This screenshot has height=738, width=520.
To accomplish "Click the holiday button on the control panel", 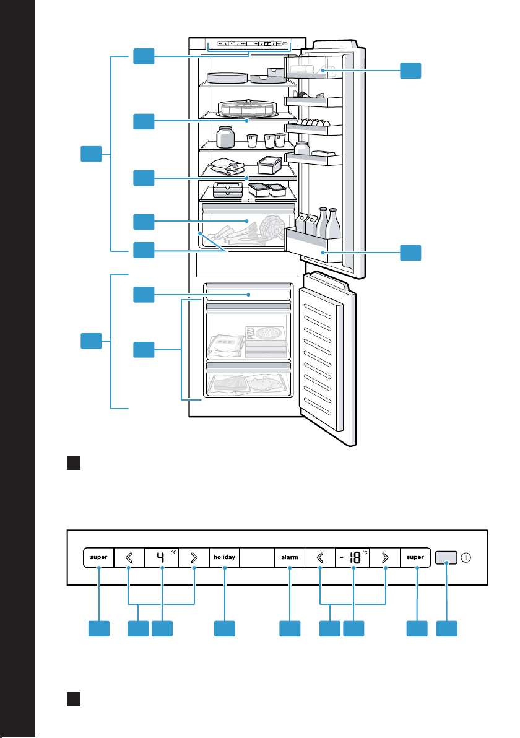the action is pyautogui.click(x=225, y=557).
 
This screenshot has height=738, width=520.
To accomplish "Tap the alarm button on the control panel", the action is pyautogui.click(x=290, y=557).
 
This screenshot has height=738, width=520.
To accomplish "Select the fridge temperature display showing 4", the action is pyautogui.click(x=162, y=557).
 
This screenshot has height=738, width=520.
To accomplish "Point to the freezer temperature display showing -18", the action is pyautogui.click(x=353, y=557).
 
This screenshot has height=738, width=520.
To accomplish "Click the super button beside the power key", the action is pyautogui.click(x=415, y=557).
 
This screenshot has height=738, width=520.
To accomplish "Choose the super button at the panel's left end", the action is pyautogui.click(x=99, y=557).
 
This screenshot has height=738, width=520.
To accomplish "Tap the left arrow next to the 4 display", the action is pyautogui.click(x=129, y=557).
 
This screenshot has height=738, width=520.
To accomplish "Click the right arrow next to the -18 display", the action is pyautogui.click(x=385, y=557).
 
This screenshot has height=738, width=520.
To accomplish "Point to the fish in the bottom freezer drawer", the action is pyautogui.click(x=266, y=383).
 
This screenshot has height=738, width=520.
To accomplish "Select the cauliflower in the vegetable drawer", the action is pyautogui.click(x=271, y=227).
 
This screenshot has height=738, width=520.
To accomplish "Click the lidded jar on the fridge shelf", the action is pyautogui.click(x=225, y=137).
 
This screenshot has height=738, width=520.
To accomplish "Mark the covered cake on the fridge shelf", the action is pyautogui.click(x=247, y=108).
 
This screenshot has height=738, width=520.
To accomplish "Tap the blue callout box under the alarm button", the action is pyautogui.click(x=290, y=629).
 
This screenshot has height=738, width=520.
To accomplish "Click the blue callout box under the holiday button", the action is pyautogui.click(x=225, y=629).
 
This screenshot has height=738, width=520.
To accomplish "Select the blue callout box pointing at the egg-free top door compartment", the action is pyautogui.click(x=410, y=71).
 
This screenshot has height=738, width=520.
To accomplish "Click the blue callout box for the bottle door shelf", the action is pyautogui.click(x=410, y=253).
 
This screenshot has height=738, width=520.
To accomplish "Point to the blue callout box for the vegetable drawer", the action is pyautogui.click(x=144, y=222).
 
